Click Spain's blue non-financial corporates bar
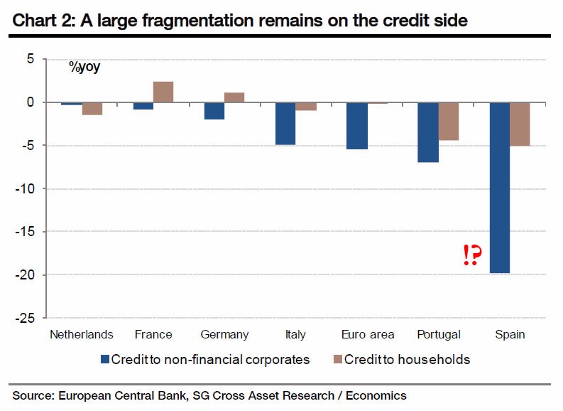(x=498, y=188)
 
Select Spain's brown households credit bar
(x=519, y=124)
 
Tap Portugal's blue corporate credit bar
(x=427, y=132)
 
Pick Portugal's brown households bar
(x=448, y=122)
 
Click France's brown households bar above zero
(x=163, y=92)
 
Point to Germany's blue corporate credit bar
(x=214, y=111)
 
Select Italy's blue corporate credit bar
(x=285, y=124)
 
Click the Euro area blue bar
(x=356, y=126)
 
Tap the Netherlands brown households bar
(x=93, y=109)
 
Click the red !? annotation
(x=469, y=255)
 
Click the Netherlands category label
(x=81, y=334)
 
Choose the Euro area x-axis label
(x=368, y=334)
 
